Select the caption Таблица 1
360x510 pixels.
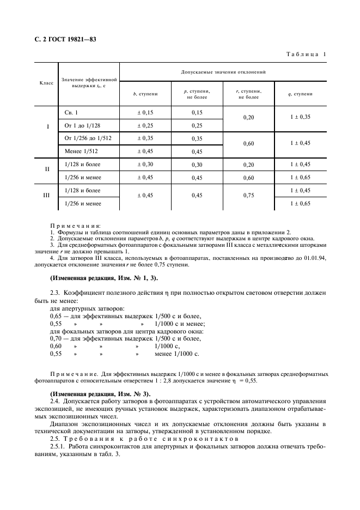pyautogui.click(x=305, y=54)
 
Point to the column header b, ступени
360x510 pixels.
pyautogui.click(x=145, y=94)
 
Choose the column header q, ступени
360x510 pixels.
pyautogui.click(x=300, y=94)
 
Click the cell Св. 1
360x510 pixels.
pyautogui.click(x=71, y=112)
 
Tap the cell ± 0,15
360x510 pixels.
pyautogui.click(x=145, y=112)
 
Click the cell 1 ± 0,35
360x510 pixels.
pyautogui.click(x=300, y=117)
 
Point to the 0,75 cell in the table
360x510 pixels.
pyautogui.click(x=249, y=196)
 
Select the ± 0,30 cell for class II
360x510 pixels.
pyautogui.click(x=145, y=164)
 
